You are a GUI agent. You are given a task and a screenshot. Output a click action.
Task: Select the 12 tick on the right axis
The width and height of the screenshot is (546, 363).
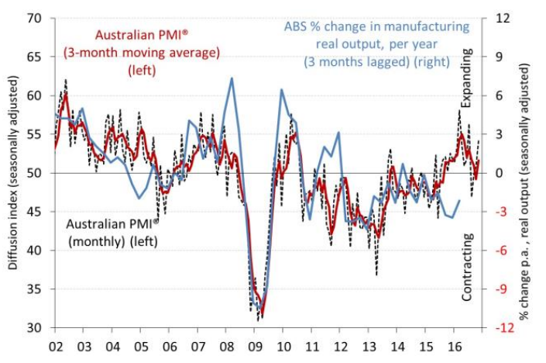[x=500, y=18]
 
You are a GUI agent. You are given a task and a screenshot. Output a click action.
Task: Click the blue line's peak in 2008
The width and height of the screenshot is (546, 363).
[x=232, y=78]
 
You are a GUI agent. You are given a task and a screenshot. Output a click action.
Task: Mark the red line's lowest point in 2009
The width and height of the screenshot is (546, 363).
[x=263, y=314]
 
